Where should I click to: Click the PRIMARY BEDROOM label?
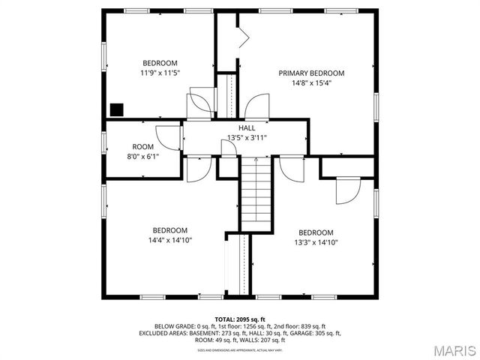(311, 73)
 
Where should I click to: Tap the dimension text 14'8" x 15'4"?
(311, 83)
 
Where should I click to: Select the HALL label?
(247, 128)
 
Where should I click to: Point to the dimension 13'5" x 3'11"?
(247, 138)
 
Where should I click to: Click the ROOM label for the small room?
(143, 146)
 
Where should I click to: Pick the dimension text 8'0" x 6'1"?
(143, 156)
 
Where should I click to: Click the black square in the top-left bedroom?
(116, 109)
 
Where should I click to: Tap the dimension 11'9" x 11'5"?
(160, 73)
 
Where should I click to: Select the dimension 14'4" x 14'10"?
(170, 241)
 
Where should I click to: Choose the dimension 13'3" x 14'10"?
(316, 242)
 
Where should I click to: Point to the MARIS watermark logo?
(448, 349)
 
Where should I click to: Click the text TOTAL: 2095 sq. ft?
(240, 319)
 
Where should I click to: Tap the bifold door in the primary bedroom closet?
(242, 37)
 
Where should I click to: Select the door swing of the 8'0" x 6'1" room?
(170, 137)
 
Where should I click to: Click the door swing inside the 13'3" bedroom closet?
(346, 192)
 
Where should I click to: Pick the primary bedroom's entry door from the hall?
(257, 106)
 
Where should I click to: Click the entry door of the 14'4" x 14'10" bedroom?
(196, 170)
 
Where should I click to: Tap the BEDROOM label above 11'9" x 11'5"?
(160, 62)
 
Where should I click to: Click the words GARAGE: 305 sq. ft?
(316, 333)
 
